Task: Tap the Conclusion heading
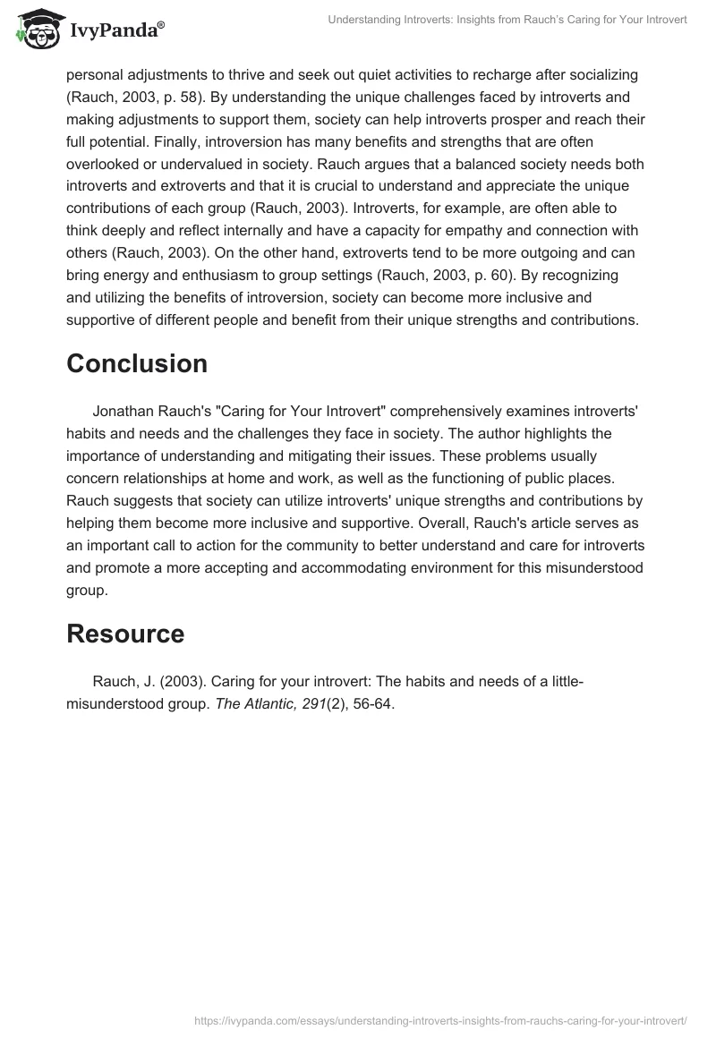coord(137,363)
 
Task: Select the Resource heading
coord(125,634)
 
